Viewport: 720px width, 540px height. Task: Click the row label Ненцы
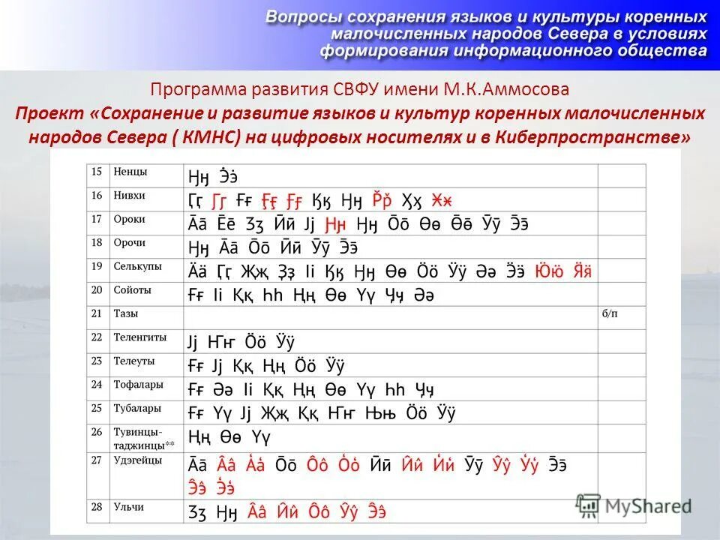(x=130, y=172)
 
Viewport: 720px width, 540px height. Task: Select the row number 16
(x=96, y=195)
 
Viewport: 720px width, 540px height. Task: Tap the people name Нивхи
(x=129, y=195)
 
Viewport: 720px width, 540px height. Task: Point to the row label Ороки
(x=129, y=219)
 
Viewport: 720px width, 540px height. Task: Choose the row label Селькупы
(x=135, y=265)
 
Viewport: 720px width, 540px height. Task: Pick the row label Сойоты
(x=132, y=289)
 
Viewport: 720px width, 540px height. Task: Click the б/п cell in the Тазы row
(x=610, y=313)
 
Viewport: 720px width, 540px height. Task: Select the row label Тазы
(x=125, y=313)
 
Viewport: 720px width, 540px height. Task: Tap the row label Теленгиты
(x=139, y=337)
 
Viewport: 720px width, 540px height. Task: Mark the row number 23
(x=96, y=361)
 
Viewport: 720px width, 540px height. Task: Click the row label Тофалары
(x=137, y=385)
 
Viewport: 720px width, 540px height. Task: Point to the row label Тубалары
(x=136, y=409)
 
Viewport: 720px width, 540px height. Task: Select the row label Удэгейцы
(x=137, y=460)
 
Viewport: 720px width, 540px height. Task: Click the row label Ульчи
(x=128, y=507)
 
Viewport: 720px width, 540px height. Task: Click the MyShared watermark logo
(x=634, y=505)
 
